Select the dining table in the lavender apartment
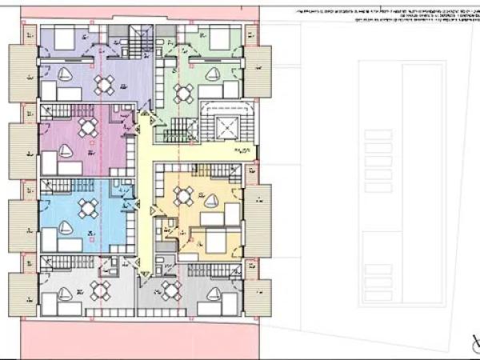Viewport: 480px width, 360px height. click(x=104, y=84)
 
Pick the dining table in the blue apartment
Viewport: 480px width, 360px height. click(x=87, y=209)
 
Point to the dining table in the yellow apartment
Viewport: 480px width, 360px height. click(x=184, y=194)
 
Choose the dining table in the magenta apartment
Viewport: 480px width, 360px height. click(x=87, y=128)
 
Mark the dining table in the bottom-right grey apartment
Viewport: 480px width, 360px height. click(x=170, y=290)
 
